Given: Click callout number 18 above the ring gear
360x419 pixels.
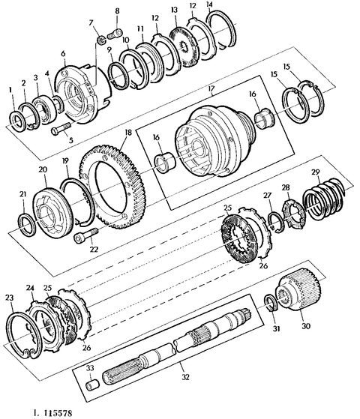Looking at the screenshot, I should (127, 132).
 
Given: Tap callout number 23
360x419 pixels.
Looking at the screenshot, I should (9, 298).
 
